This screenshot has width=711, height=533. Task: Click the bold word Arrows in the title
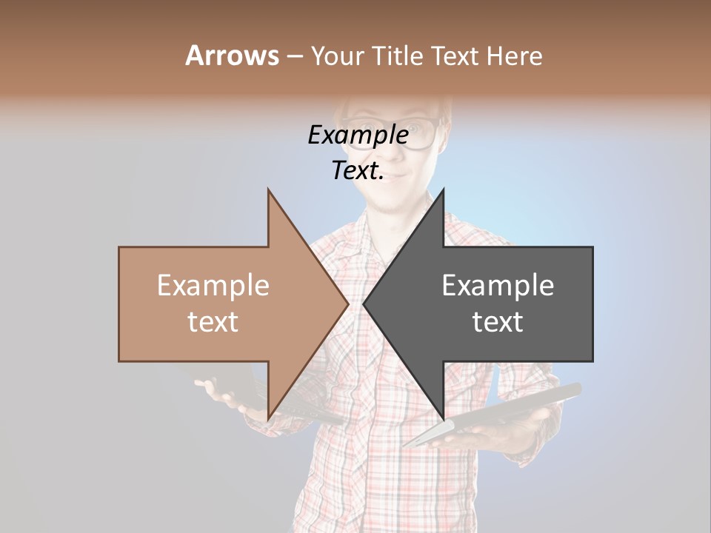[x=232, y=56]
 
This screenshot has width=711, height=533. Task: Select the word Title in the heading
[x=397, y=56]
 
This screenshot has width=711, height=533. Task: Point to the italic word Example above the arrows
[x=358, y=135]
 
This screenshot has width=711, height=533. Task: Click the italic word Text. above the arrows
[x=358, y=171]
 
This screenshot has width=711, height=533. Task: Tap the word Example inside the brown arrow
[x=213, y=286]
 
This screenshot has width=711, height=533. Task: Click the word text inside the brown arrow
[x=213, y=322]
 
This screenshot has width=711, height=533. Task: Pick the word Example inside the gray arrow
[x=498, y=286]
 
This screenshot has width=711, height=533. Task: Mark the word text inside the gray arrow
[x=498, y=322]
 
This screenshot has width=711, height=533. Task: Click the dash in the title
[x=294, y=56]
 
